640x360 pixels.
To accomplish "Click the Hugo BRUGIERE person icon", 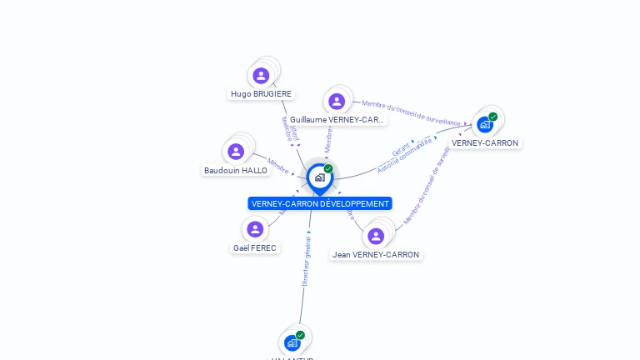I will pos(261,76).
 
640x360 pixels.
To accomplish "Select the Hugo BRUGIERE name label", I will pos(261,94).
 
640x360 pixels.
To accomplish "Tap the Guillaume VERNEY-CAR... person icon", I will pos(337,102).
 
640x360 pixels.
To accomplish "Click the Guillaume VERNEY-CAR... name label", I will pos(337,120).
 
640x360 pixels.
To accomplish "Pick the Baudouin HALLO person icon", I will pos(236,152).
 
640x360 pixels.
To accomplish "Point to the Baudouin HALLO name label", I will pos(236,171).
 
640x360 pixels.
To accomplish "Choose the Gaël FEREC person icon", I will pos(255,229).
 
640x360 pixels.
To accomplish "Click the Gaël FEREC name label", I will pos(255,247).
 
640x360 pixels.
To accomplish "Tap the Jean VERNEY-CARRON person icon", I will pos(376,236).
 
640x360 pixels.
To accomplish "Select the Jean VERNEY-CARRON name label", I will pos(376,254).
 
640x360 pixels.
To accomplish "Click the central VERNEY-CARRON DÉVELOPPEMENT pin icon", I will pos(319,177).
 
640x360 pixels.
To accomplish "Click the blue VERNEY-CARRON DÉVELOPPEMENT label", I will pos(320,203).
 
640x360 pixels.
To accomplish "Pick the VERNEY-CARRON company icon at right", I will pos(485,125).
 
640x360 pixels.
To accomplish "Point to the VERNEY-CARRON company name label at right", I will pos(485,142).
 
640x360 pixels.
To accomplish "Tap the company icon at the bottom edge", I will pos(292,342).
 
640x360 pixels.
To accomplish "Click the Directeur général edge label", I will pos(306,262).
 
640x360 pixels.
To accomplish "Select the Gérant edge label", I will pos(402,148).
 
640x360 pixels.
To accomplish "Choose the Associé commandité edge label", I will pos(405,156).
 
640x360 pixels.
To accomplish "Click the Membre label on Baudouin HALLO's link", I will pos(278,165).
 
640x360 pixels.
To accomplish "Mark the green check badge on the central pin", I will pos(328,169).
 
